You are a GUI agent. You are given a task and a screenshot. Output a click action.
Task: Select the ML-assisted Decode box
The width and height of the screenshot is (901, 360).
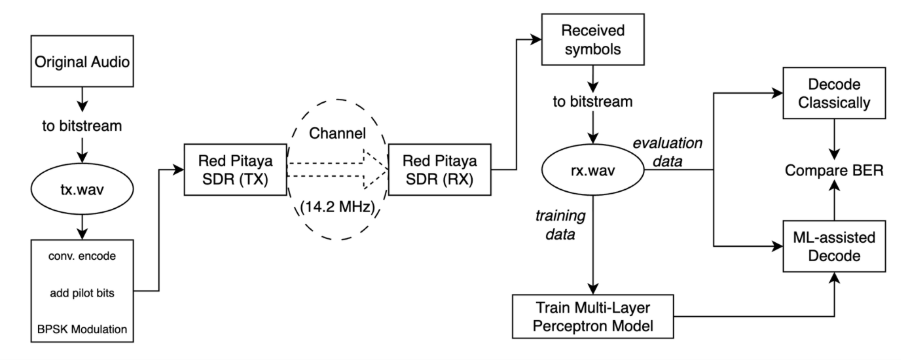(838, 245)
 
